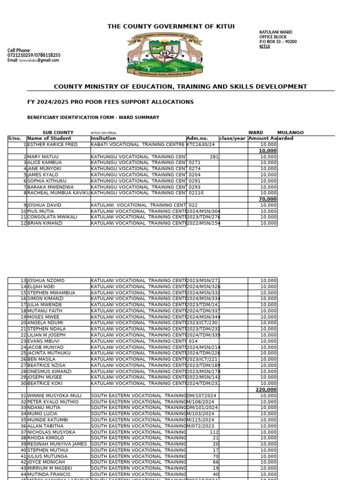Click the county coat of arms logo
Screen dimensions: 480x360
[165, 54]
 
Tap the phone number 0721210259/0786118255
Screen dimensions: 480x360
[34, 55]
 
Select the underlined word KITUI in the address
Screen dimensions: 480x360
[265, 47]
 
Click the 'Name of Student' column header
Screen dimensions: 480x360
[49, 138]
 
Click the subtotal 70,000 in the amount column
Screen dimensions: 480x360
[268, 199]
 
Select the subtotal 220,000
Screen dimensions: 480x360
[266, 390]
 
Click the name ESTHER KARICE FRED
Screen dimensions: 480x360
[52, 144]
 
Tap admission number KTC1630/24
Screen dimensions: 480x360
[201, 144]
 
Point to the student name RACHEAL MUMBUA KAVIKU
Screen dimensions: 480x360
[59, 193]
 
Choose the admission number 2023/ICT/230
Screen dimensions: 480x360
[202, 322]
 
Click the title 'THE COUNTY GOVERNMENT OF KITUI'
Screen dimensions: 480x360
[171, 27]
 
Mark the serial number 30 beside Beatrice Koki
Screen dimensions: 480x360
[23, 383]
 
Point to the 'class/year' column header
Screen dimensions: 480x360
[233, 138]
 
